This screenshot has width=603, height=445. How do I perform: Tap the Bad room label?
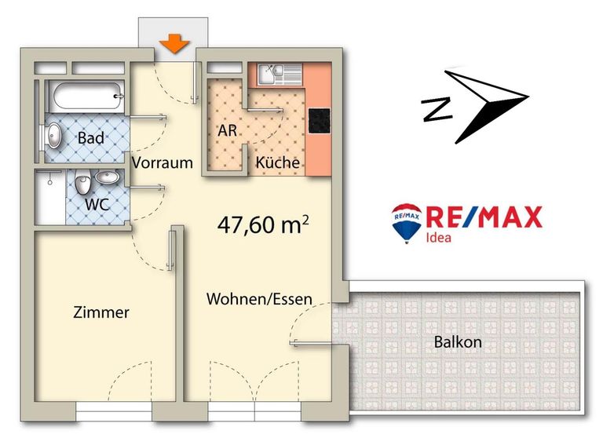[x=91, y=138]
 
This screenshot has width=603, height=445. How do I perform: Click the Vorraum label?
[x=163, y=163]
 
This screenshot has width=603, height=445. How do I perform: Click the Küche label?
[x=277, y=163]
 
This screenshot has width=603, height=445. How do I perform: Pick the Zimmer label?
[x=100, y=312]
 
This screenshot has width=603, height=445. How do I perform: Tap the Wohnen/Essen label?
[x=259, y=299]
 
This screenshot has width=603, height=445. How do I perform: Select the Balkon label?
[x=457, y=343]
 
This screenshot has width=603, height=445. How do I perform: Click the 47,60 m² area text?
[x=262, y=225]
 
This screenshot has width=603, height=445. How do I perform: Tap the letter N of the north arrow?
[x=433, y=109]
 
